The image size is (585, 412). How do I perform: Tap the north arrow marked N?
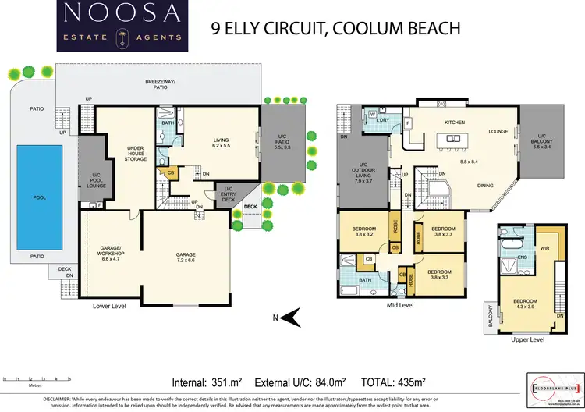coord(290,316)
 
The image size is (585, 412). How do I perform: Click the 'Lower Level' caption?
coord(109,307)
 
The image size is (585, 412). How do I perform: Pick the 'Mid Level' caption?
coord(400,306)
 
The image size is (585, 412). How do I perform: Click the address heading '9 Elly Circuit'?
coord(336,30)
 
